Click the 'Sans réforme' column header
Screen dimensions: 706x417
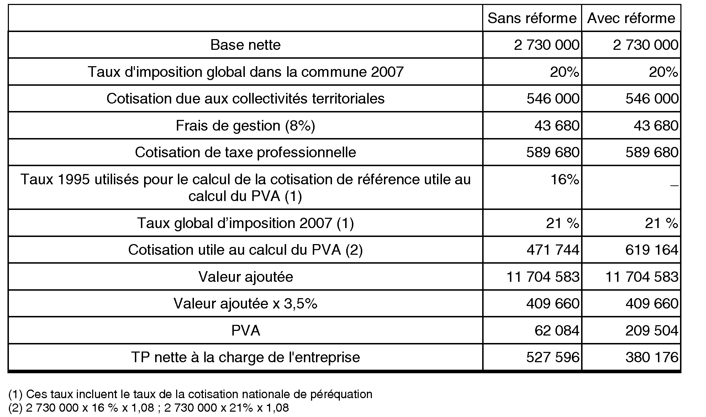click(532, 18)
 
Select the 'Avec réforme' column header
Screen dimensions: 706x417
click(631, 18)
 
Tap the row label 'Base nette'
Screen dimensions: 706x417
click(246, 45)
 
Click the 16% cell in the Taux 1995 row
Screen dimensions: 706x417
click(565, 180)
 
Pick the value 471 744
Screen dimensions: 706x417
click(553, 250)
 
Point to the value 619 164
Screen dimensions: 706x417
click(652, 250)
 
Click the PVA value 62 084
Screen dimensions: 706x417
click(557, 331)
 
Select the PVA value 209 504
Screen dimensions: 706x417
click(652, 331)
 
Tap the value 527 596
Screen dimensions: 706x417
click(553, 357)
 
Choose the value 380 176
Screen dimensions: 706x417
click(652, 357)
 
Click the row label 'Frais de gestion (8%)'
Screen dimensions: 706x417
click(246, 126)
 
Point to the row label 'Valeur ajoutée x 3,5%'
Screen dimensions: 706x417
click(246, 303)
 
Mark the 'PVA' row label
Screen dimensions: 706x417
click(246, 331)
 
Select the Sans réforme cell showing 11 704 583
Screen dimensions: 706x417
click(543, 277)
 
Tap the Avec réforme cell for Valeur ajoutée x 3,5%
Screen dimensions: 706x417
click(652, 303)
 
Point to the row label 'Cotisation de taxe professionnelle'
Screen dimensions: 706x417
click(246, 152)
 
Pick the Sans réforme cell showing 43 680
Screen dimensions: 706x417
click(557, 126)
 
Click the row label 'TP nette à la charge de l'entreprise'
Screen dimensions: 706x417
click(246, 357)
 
